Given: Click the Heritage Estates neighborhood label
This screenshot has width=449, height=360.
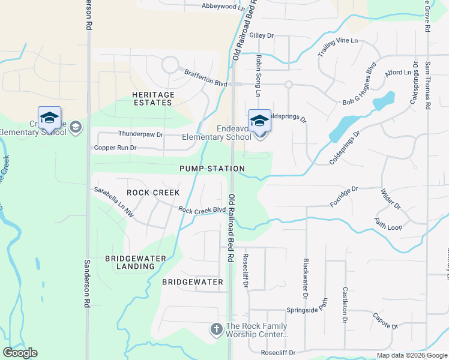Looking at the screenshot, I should pos(153,99).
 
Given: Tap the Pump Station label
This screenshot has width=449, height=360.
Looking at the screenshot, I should pos(212,169).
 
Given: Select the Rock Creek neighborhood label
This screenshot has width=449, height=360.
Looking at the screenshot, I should pos(153,193).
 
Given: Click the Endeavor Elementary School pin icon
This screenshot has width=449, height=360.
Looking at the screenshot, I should pos(259,121).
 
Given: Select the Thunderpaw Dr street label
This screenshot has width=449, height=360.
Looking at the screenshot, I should pos(141,134).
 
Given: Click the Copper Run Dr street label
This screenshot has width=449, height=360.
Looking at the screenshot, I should pos(115,148).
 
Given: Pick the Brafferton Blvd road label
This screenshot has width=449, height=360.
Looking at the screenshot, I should pos(205,78).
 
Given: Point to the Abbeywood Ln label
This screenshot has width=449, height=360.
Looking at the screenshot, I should pos(223,7).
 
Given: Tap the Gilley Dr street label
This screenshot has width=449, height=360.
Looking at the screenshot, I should pos(261,36).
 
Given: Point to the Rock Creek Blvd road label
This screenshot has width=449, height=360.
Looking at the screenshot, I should pos(202,209).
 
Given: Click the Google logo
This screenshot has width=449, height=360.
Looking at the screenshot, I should pos(20,353).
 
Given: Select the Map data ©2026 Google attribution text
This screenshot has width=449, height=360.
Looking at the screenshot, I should pos(411,355).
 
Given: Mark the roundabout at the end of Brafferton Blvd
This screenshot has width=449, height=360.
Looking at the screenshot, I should pos(169,64).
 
